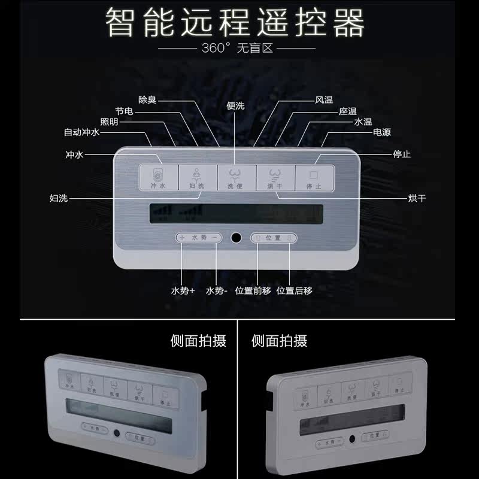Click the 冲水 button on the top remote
click(x=158, y=178)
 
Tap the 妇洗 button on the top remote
click(x=197, y=178)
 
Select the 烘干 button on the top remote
click(x=275, y=178)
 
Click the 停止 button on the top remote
click(x=314, y=178)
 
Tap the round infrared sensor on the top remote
click(x=237, y=238)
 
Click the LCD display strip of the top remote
click(x=236, y=213)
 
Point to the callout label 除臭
click(x=147, y=100)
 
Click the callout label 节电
click(x=124, y=111)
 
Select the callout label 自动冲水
click(x=82, y=132)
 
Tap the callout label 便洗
click(x=236, y=105)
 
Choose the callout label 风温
click(x=324, y=100)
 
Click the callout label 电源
click(x=382, y=132)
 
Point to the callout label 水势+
click(x=183, y=291)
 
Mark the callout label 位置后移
click(x=294, y=291)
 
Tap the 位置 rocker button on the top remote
click(x=273, y=238)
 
